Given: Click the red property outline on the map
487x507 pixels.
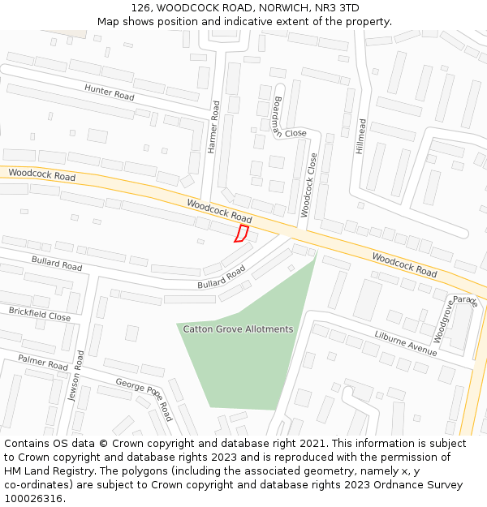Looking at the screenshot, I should click(x=241, y=234).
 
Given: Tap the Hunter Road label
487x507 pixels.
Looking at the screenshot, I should click(x=109, y=92).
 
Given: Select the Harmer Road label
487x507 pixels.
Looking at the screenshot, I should click(x=214, y=127).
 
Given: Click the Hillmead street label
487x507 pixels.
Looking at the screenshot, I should click(x=362, y=137).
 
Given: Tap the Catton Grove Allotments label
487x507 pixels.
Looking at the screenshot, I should click(x=238, y=329).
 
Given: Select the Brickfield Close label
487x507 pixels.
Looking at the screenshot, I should click(x=40, y=314).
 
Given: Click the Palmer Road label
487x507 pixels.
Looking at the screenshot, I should click(x=43, y=362).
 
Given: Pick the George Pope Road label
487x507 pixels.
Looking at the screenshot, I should click(x=144, y=398).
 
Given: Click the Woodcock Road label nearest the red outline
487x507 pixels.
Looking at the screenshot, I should click(x=219, y=211).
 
